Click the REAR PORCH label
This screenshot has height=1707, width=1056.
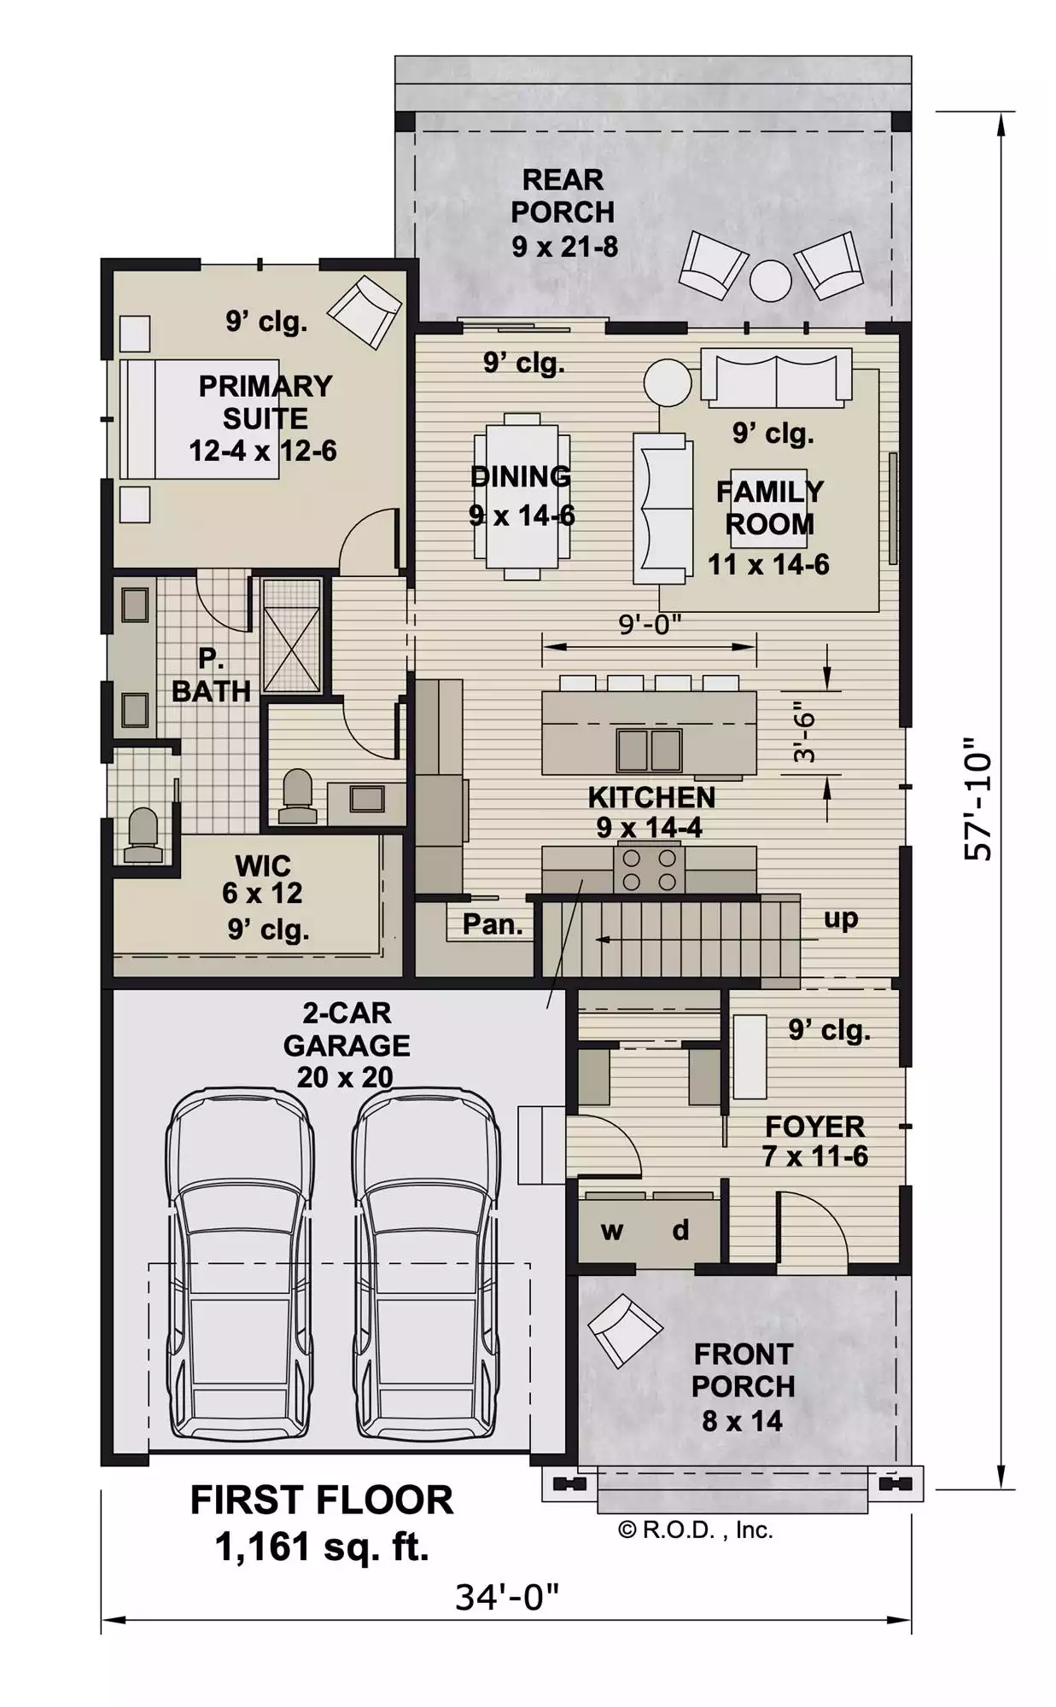click(x=563, y=195)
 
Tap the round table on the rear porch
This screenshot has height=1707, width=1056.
click(x=770, y=281)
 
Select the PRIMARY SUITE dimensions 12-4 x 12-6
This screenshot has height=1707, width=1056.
click(x=263, y=451)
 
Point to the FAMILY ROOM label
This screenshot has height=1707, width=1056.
click(x=769, y=508)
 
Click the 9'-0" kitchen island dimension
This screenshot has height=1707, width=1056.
click(x=650, y=625)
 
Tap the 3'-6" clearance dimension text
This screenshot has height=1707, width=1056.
click(x=804, y=731)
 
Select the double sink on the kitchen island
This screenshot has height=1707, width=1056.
click(x=650, y=750)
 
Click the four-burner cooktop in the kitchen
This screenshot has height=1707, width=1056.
click(x=649, y=869)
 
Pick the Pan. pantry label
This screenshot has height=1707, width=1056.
click(x=493, y=923)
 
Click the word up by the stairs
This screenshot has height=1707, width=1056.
click(x=841, y=919)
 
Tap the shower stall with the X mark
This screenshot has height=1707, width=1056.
click(x=291, y=636)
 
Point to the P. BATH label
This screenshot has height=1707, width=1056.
click(x=212, y=674)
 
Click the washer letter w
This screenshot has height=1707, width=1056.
click(x=612, y=1231)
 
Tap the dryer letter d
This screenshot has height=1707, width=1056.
click(x=680, y=1229)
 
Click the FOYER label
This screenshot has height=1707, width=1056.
click(x=815, y=1126)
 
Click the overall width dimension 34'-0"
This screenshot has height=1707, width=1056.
click(x=507, y=1596)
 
